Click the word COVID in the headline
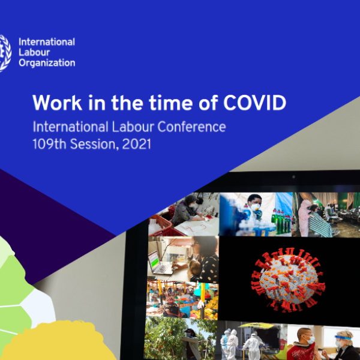[x=254, y=103]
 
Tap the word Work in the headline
[x=57, y=103]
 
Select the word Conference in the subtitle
[x=191, y=127]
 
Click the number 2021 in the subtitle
[x=136, y=144]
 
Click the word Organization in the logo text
[x=47, y=63]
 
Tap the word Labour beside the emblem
[x=34, y=52]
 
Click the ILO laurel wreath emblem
[x=4, y=53]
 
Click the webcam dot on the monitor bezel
[x=293, y=177]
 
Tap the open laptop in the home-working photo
[x=159, y=263]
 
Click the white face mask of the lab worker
[x=256, y=208]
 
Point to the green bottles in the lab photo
[x=281, y=221]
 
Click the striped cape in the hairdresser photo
[x=320, y=224]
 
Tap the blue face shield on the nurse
[x=343, y=337]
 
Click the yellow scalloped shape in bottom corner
[x=58, y=342]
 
